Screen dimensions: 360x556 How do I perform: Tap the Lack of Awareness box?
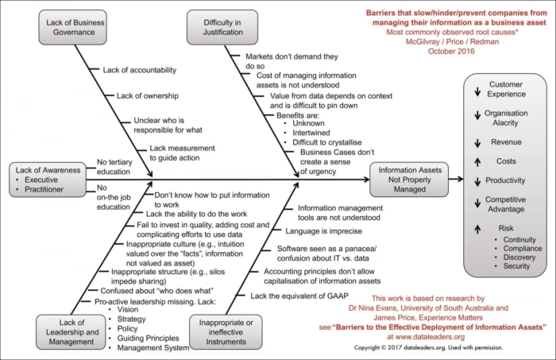pyautogui.click(x=46, y=180)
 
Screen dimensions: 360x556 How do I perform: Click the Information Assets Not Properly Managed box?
pyautogui.click(x=407, y=180)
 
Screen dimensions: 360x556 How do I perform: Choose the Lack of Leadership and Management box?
pyautogui.click(x=69, y=331)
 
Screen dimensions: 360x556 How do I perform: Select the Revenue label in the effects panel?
pyautogui.click(x=506, y=142)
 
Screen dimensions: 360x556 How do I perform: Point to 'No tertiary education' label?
pyautogui.click(x=113, y=166)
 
